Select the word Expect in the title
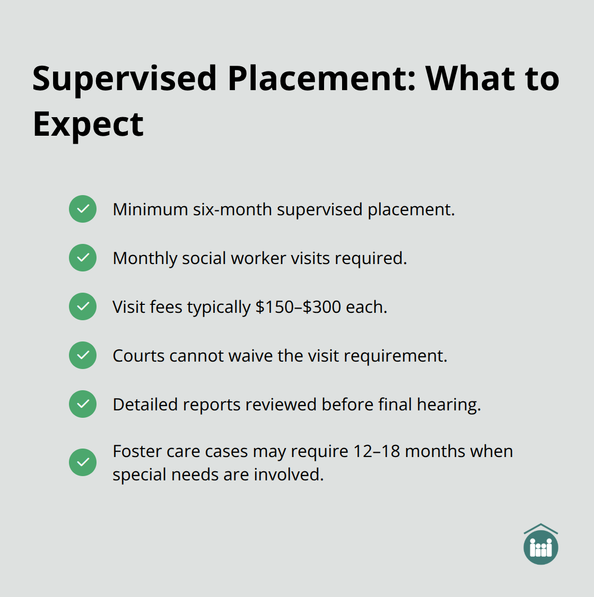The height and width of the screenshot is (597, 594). [x=88, y=125]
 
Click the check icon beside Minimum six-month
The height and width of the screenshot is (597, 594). [x=83, y=209]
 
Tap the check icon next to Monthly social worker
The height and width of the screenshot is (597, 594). [x=83, y=258]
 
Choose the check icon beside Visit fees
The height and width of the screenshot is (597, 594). [x=83, y=306]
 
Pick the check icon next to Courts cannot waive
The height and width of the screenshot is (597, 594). [x=83, y=355]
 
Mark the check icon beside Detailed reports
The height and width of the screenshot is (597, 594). [x=83, y=404]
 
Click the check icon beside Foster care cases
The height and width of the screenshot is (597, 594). [x=83, y=462]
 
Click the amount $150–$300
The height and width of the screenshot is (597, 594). [x=299, y=307]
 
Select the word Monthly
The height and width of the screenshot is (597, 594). [x=145, y=259]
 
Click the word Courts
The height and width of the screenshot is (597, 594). [x=138, y=356]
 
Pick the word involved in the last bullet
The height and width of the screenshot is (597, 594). [x=289, y=475]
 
